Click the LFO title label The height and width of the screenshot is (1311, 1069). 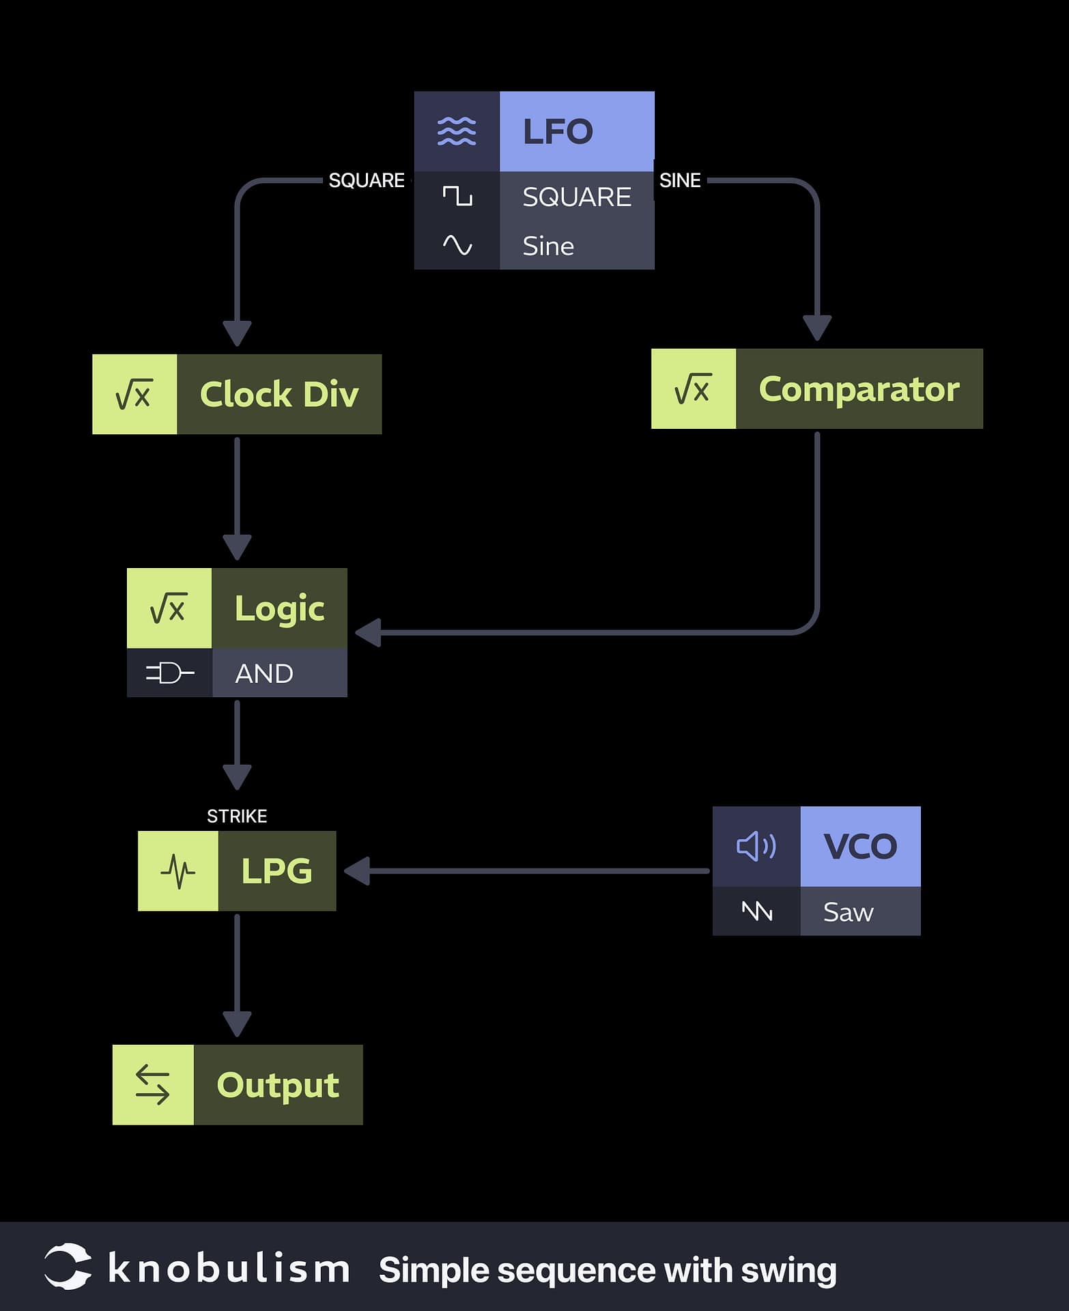558,132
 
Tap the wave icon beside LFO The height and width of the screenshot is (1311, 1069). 457,131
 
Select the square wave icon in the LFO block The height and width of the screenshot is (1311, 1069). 457,197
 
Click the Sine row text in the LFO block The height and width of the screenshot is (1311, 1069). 548,246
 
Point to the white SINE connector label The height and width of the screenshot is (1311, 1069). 680,180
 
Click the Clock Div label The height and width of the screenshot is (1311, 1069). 279,395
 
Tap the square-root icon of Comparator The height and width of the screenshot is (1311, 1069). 693,389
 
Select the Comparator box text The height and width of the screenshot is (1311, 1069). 859,389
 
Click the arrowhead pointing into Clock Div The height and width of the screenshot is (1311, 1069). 237,333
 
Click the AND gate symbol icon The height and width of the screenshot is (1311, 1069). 170,673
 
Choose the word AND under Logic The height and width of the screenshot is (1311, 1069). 264,674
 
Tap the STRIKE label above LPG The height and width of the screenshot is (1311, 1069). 237,816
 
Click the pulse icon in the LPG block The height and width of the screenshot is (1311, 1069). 177,871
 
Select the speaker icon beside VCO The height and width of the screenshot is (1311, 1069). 756,847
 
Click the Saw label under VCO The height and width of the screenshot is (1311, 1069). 848,912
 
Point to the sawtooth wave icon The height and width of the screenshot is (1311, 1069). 756,912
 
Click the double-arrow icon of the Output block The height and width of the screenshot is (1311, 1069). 152,1085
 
